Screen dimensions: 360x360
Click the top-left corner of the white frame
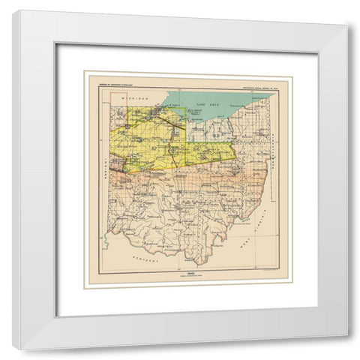pos(13,10)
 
